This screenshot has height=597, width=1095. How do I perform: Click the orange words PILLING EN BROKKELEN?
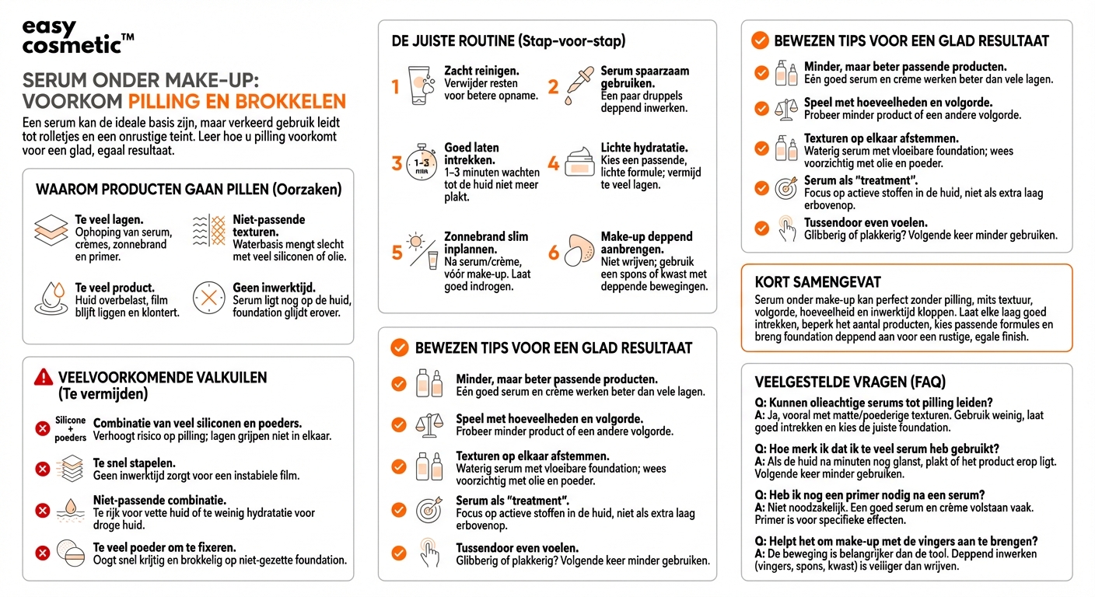click(236, 101)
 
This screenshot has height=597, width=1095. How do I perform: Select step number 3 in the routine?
click(397, 163)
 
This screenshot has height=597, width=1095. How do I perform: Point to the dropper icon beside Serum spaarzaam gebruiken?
click(579, 82)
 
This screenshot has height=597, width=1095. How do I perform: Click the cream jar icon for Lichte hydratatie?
click(579, 162)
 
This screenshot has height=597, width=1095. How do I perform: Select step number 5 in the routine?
click(397, 253)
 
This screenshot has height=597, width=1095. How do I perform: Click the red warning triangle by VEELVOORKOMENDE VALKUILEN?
click(44, 378)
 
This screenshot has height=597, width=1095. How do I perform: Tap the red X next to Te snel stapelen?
click(43, 469)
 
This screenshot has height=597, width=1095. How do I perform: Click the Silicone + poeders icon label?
click(71, 428)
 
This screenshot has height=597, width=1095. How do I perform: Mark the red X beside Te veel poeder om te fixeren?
click(43, 553)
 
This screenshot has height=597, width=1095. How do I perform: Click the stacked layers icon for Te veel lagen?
click(51, 231)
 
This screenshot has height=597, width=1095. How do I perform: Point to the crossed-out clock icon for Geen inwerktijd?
click(208, 298)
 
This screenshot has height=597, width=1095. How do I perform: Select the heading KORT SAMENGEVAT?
click(817, 282)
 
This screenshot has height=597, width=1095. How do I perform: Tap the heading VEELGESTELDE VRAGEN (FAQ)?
click(850, 382)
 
